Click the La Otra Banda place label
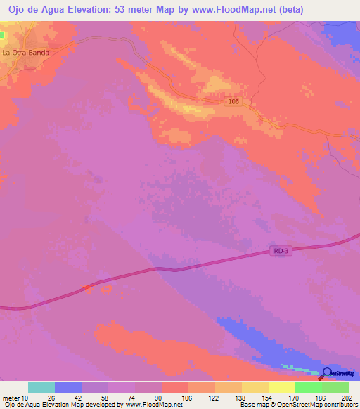click(x=25, y=52)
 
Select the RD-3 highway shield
click(x=280, y=250)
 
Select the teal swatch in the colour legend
click(x=41, y=387)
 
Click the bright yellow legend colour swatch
click(x=281, y=387)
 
